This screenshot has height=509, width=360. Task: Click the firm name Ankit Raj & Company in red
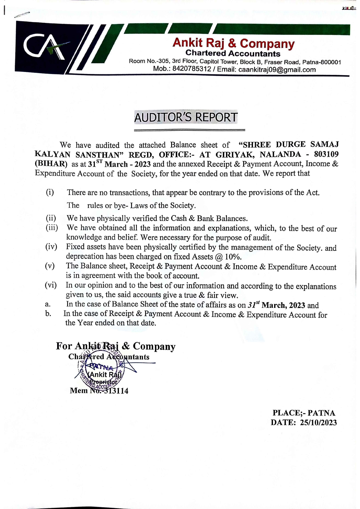tap(233, 43)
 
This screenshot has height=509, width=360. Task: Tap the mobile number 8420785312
tap(191, 69)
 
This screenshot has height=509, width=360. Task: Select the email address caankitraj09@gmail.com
tap(277, 70)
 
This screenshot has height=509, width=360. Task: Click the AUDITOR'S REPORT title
tap(186, 117)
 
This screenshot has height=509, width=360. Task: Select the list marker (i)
tap(50, 192)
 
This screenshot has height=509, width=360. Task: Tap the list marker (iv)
tap(51, 247)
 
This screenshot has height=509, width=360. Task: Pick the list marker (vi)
tap(51, 285)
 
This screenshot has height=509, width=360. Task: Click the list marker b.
tap(48, 314)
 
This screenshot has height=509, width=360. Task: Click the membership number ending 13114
tap(116, 391)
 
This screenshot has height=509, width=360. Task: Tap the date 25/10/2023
tap(318, 423)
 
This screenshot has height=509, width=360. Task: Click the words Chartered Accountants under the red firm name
tap(233, 53)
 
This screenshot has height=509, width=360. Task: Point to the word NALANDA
tap(281, 154)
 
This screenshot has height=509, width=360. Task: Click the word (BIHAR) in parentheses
tap(51, 164)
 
